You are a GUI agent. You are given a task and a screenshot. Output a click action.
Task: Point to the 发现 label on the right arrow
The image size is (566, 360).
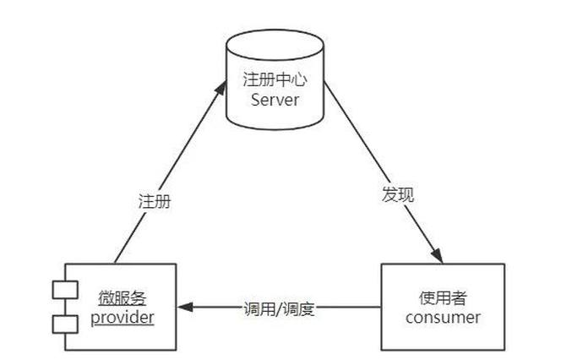pyautogui.click(x=396, y=193)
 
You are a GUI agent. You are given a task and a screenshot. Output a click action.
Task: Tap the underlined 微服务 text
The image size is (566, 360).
pyautogui.click(x=123, y=298)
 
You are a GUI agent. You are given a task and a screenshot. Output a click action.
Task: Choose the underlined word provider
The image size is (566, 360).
pyautogui.click(x=123, y=318)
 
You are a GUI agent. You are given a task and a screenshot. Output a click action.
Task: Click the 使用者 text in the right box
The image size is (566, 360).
pyautogui.click(x=443, y=298)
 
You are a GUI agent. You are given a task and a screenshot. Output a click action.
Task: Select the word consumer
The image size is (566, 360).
pyautogui.click(x=443, y=318)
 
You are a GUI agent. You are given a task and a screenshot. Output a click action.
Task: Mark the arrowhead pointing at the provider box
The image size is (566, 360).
pyautogui.click(x=185, y=308)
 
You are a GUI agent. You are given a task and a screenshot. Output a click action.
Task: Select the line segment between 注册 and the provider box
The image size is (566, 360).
pyautogui.click(x=128, y=241)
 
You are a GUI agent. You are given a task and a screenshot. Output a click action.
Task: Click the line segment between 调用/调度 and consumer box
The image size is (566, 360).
pyautogui.click(x=349, y=308)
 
